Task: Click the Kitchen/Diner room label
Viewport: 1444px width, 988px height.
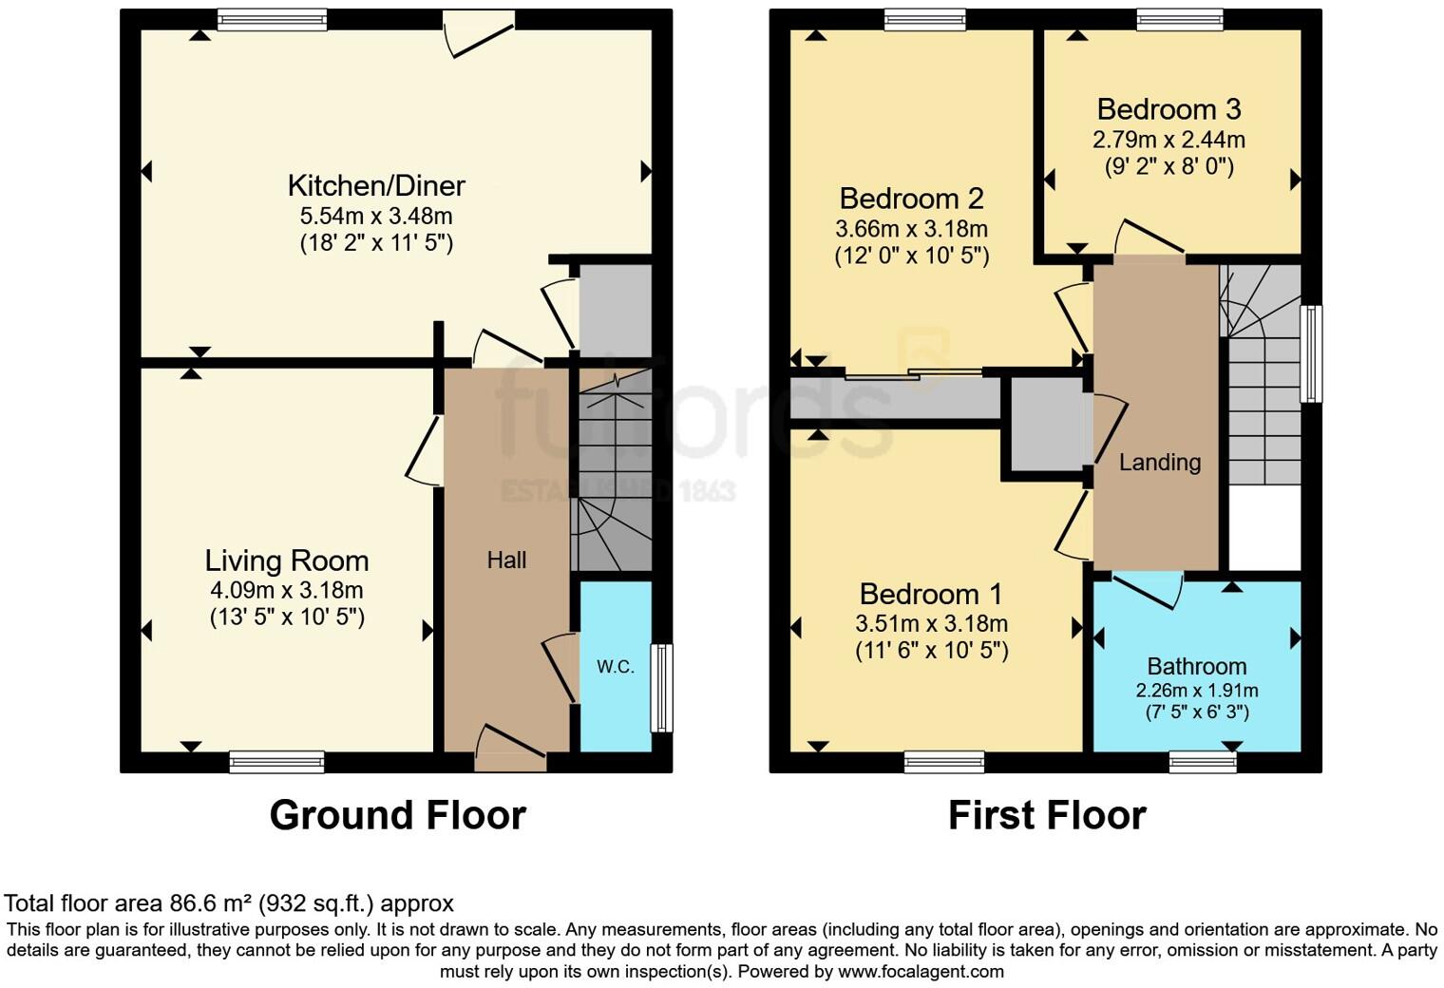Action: (376, 185)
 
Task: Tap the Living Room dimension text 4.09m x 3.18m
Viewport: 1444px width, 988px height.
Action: (286, 590)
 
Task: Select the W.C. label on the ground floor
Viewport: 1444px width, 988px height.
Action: (616, 667)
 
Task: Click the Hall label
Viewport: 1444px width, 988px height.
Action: (506, 560)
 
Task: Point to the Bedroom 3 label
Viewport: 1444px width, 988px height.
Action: (1168, 109)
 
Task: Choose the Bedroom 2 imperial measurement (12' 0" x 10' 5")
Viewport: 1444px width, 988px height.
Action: (911, 256)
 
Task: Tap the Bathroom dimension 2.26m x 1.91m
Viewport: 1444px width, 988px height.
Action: (1196, 691)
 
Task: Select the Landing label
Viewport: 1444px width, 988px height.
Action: (1159, 463)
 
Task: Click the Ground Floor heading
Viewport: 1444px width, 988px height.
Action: (397, 815)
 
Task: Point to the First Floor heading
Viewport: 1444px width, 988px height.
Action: (1047, 815)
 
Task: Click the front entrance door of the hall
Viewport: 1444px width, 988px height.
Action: (510, 749)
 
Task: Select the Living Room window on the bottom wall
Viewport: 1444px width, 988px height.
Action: (276, 761)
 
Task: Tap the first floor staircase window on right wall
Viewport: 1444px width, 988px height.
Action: (1311, 353)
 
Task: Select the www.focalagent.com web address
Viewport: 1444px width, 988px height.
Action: (921, 971)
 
